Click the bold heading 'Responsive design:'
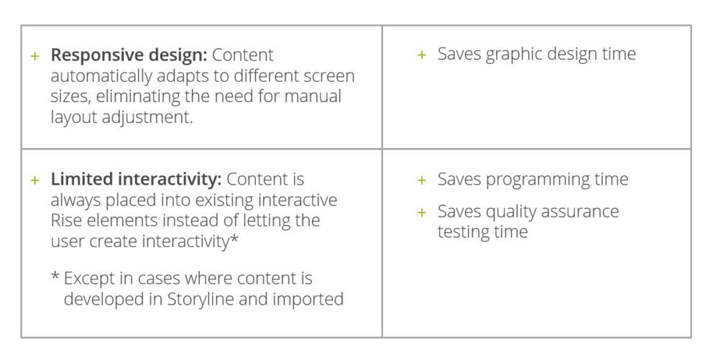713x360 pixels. click(129, 55)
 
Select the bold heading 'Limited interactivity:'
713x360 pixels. click(136, 180)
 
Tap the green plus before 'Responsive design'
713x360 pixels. click(34, 56)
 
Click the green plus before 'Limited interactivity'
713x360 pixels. click(34, 180)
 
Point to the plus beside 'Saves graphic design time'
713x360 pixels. click(421, 55)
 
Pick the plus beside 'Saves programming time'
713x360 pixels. click(421, 180)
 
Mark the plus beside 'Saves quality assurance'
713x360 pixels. click(421, 212)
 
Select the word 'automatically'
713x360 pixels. click(101, 76)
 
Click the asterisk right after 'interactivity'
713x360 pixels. click(234, 237)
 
